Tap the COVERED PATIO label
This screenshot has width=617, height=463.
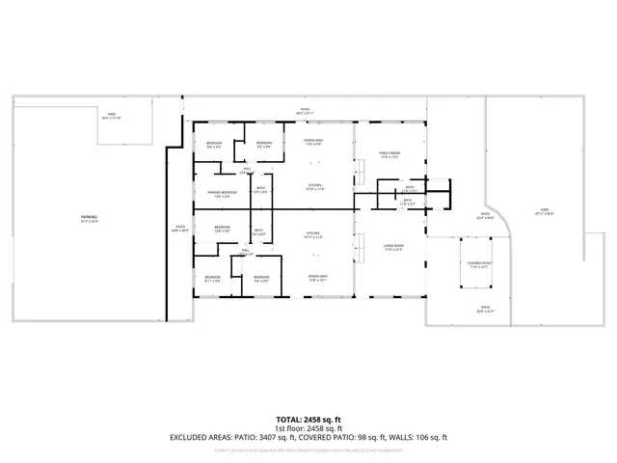tap(480, 263)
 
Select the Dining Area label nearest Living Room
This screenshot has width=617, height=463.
tap(313, 278)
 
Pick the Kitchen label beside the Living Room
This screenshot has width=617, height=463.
tap(313, 234)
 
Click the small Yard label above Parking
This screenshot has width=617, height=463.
tap(112, 115)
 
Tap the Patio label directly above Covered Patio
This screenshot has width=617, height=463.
tap(484, 217)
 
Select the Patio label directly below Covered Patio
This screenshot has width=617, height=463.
tap(484, 310)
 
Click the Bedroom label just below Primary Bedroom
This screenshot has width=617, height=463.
tap(221, 230)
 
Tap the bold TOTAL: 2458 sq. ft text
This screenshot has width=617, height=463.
tap(308, 419)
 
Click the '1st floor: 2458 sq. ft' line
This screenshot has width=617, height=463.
tap(308, 427)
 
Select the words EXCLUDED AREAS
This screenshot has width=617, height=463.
tap(201, 437)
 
